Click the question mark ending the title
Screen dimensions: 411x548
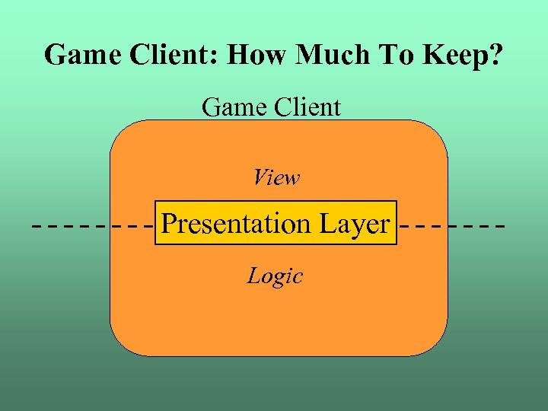coord(496,56)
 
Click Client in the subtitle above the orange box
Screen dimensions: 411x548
coord(304,107)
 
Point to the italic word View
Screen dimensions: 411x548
coord(276,178)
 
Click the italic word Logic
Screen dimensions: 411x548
coord(275,276)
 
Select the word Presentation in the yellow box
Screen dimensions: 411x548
coord(236,224)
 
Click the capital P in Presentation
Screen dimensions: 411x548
coord(170,224)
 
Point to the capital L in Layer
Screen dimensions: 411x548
coord(325,224)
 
